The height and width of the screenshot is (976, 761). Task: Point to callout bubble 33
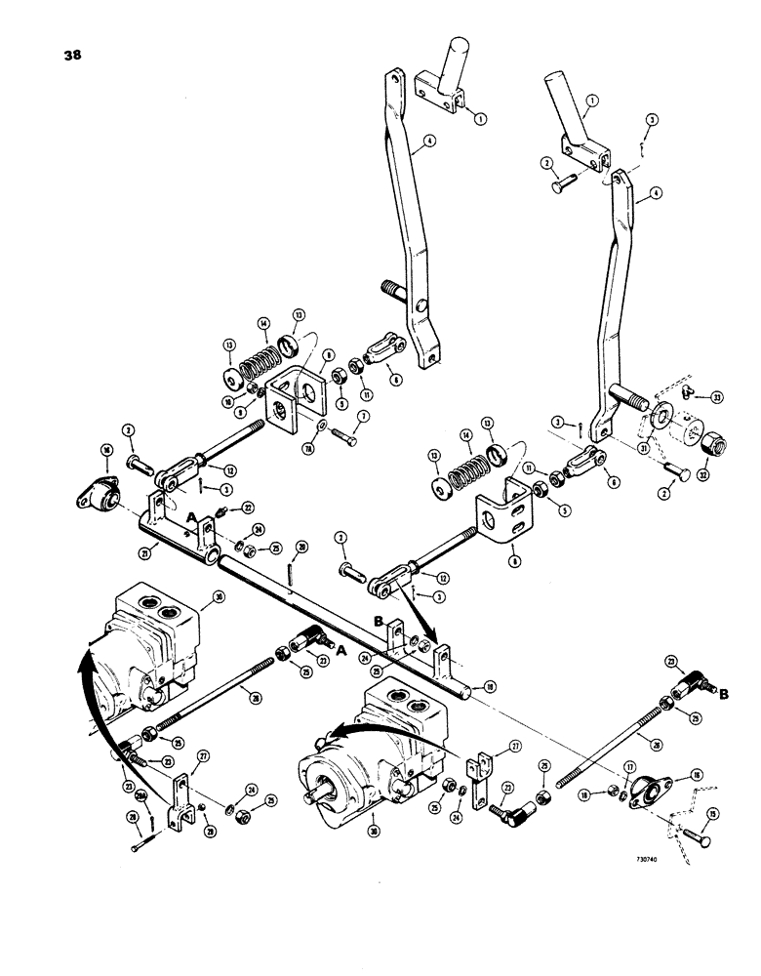(x=719, y=397)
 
